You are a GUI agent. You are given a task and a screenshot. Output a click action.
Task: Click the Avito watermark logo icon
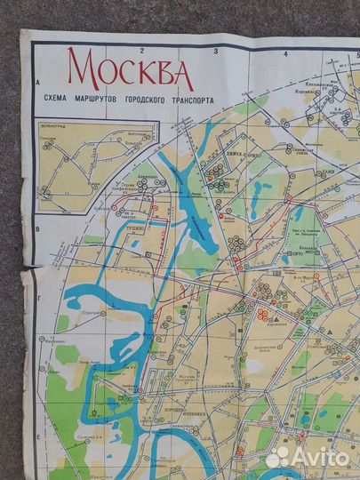(278, 457)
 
